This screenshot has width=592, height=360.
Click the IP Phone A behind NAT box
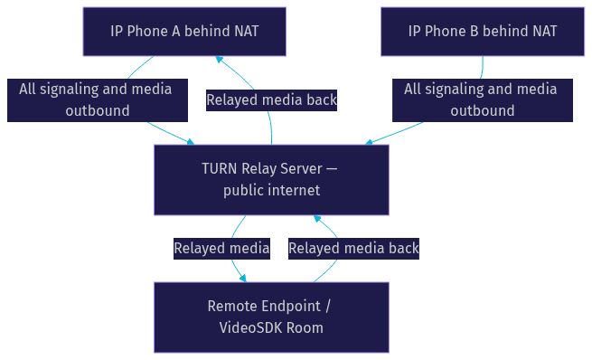[184, 32]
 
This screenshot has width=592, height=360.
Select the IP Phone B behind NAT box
[483, 32]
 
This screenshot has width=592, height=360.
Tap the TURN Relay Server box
[271, 180]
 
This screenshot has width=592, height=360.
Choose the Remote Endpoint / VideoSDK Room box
[271, 317]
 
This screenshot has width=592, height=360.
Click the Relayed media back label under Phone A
[271, 100]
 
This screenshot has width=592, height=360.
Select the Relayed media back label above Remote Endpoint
[353, 249]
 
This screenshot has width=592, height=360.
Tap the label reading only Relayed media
[221, 249]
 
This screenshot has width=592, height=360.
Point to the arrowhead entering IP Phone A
[219, 60]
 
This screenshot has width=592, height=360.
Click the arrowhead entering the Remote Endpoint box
[243, 279]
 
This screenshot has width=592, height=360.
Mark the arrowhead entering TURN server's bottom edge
[317, 218]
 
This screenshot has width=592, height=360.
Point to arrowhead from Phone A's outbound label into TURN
[191, 142]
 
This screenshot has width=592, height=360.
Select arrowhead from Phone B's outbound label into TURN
[369, 142]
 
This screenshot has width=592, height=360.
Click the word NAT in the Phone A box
[247, 32]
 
